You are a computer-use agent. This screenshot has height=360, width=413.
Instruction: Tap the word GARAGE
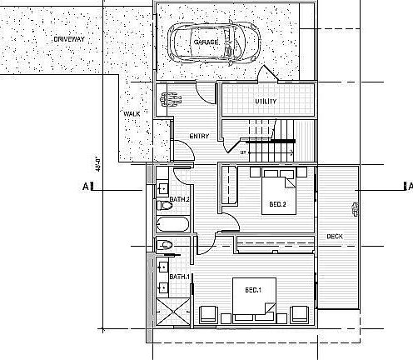click(206, 42)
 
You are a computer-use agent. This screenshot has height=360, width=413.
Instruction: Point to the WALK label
click(131, 114)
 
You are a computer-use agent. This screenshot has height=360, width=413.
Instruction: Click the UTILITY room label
click(266, 102)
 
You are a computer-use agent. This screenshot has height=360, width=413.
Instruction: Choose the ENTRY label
click(199, 137)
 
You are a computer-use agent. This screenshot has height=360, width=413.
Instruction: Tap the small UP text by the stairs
click(243, 152)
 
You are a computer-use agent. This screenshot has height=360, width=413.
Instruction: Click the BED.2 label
click(278, 204)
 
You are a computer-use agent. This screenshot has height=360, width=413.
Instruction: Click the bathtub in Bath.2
click(172, 226)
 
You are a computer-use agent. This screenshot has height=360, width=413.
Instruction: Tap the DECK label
click(335, 236)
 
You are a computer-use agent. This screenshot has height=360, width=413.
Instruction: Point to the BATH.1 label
click(180, 277)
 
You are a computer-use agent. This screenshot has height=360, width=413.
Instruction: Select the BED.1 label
click(253, 290)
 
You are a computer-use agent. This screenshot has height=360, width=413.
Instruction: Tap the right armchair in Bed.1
click(297, 315)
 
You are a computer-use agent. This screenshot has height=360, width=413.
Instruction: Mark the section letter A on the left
click(86, 187)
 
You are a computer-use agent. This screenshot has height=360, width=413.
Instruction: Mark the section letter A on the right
click(407, 186)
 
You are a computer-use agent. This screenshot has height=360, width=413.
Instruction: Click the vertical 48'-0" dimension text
click(98, 162)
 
